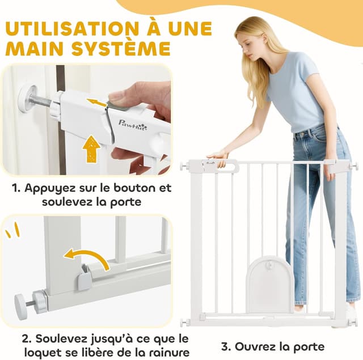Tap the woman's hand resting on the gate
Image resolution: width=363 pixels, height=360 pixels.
pyautogui.click(x=218, y=154)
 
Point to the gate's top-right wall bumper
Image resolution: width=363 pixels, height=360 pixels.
pyautogui.click(x=352, y=166)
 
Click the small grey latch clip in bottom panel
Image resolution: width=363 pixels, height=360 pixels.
pyautogui.click(x=85, y=278)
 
